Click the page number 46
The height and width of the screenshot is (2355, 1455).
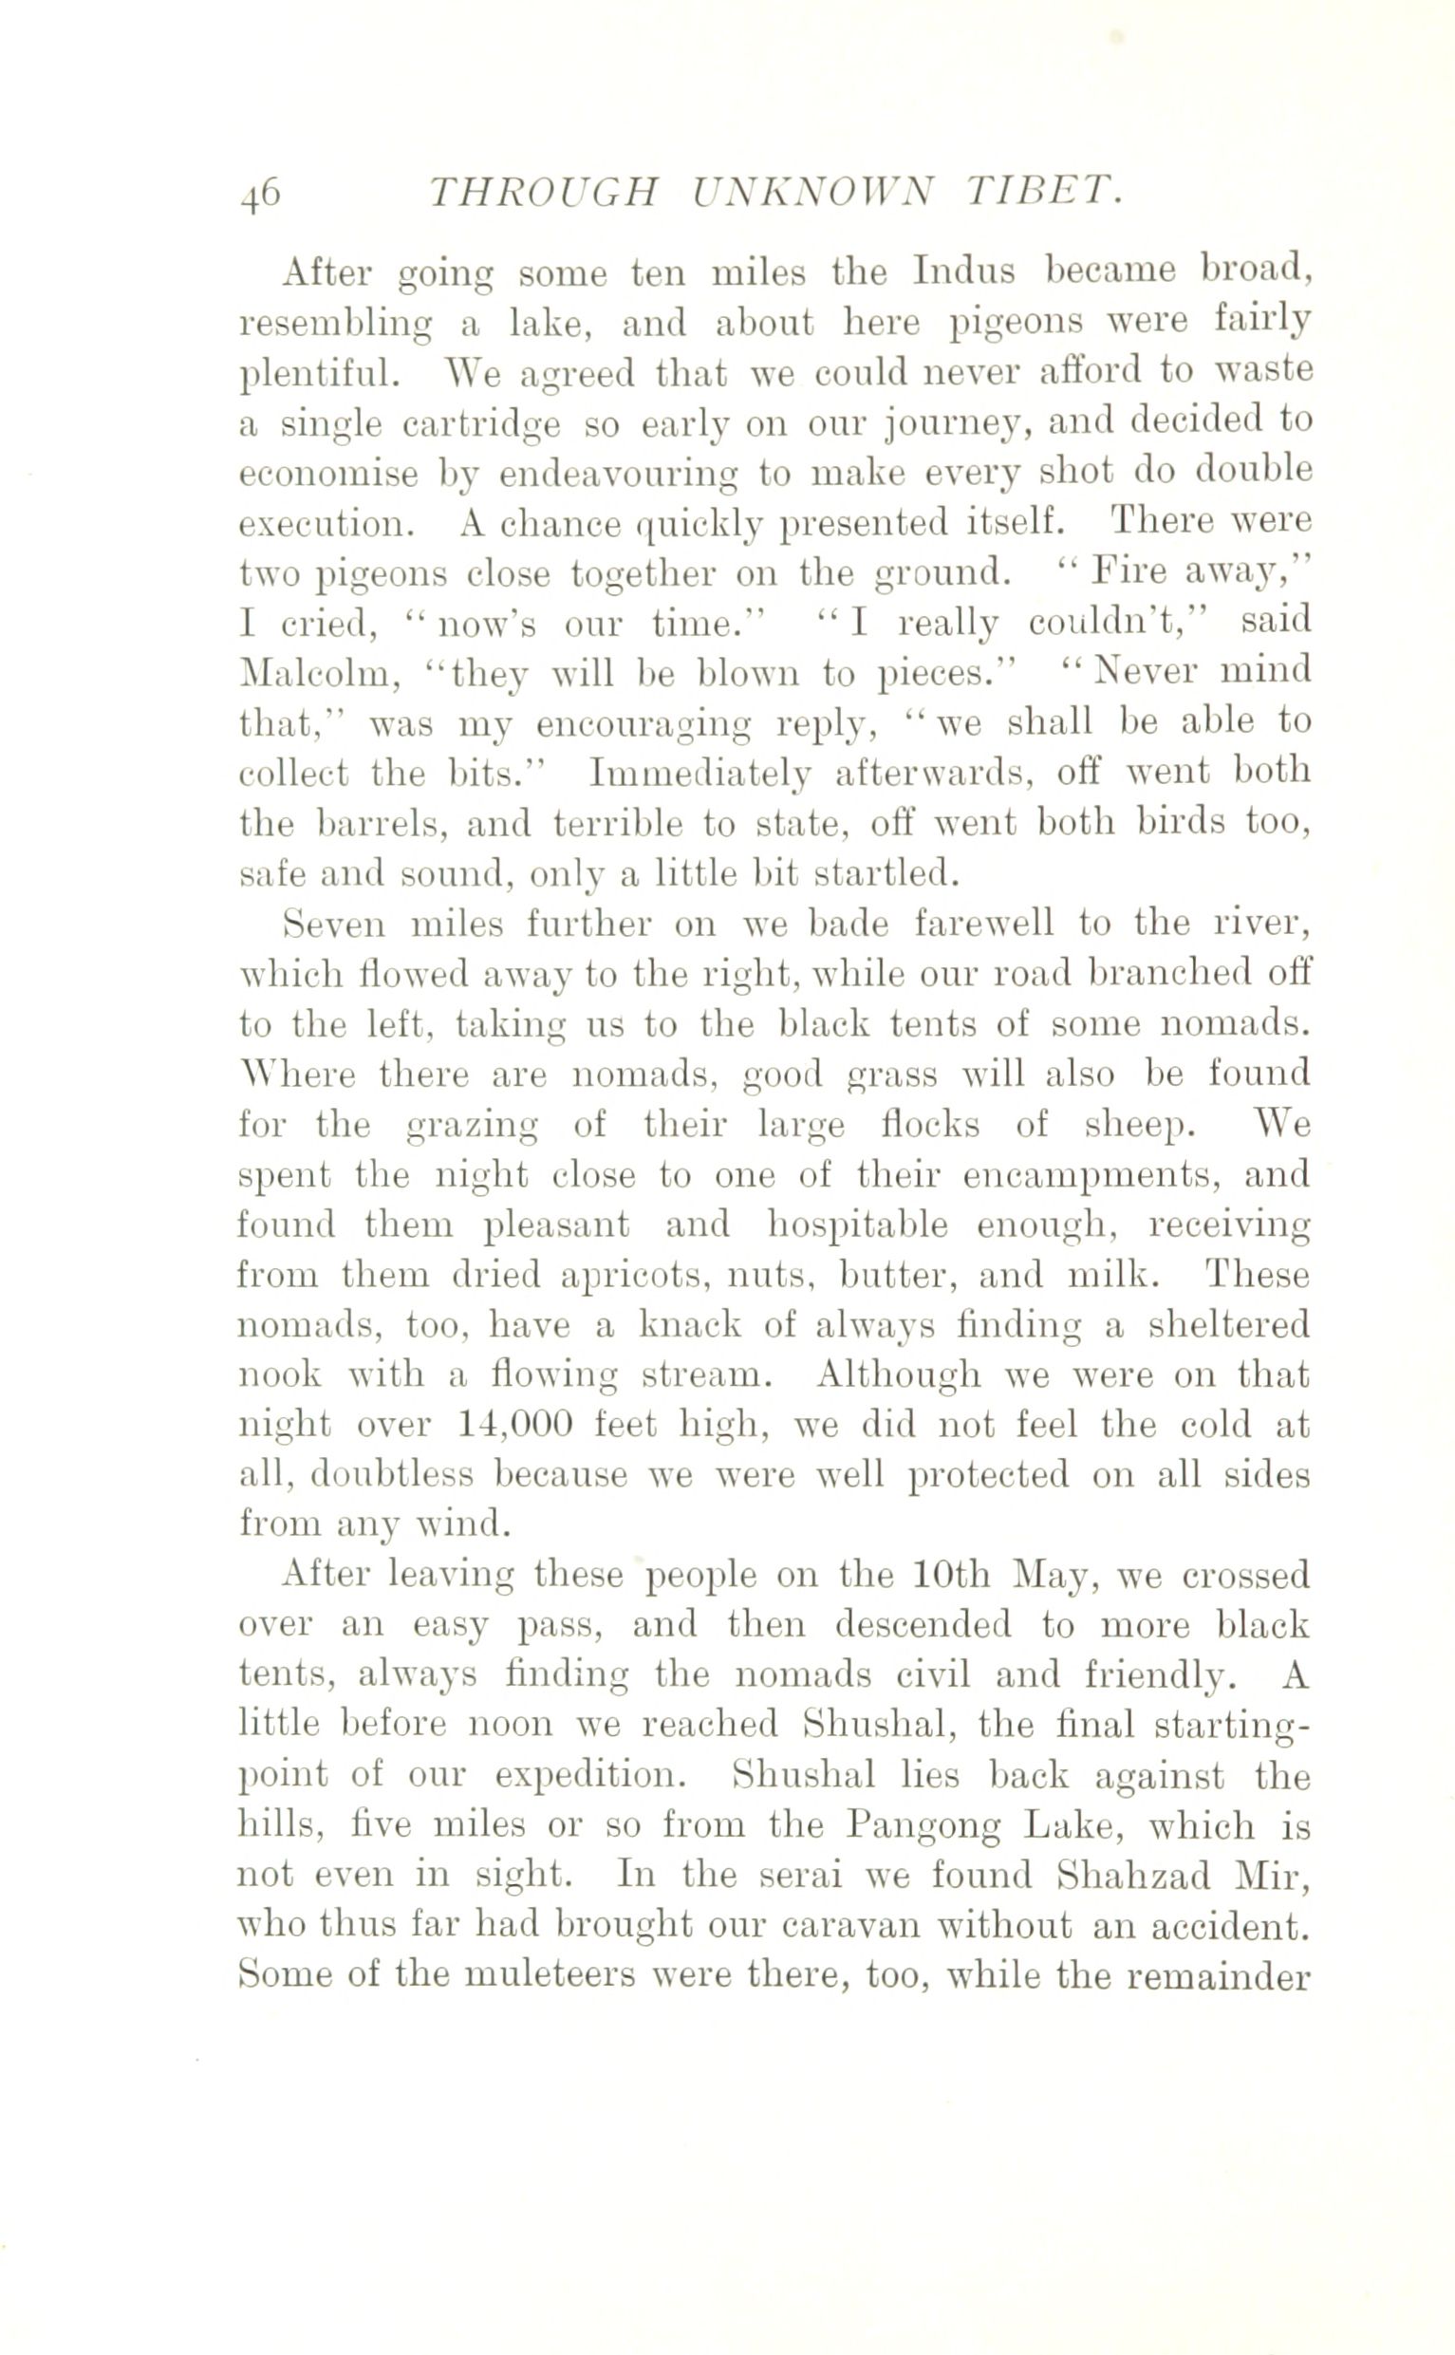click(261, 196)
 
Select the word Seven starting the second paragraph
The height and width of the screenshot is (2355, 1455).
click(333, 925)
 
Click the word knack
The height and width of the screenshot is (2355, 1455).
click(690, 1327)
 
